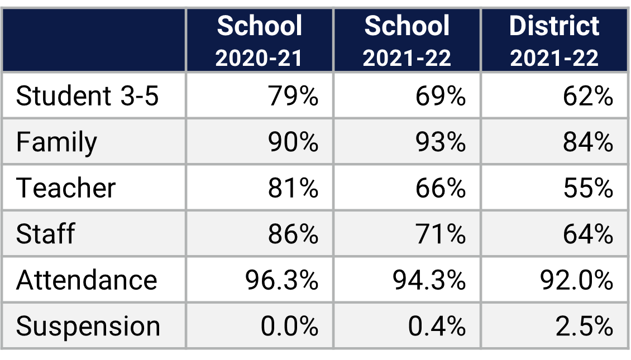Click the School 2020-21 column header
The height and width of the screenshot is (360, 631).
coord(259,41)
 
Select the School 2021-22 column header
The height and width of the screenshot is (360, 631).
coord(407,41)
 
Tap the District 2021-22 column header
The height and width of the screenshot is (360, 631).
coord(554,41)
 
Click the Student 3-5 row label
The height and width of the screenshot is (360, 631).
coord(87,96)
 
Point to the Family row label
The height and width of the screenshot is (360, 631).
coord(56,142)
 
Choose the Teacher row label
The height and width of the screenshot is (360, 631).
coord(66,188)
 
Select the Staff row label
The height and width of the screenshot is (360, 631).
coord(45,233)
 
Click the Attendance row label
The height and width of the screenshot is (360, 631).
coord(87,280)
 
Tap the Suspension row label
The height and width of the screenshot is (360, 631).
coord(88,326)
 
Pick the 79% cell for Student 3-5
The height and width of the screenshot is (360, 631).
coord(293,96)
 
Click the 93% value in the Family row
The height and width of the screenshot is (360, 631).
coord(440,142)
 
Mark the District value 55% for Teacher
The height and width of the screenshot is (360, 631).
coord(587,188)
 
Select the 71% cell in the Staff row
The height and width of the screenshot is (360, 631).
coord(440,233)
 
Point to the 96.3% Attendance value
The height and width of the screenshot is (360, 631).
coord(281,280)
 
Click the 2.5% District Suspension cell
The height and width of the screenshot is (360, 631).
coord(584,326)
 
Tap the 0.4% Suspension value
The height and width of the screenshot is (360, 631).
coord(437,326)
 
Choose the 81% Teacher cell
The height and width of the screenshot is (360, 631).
coord(293,188)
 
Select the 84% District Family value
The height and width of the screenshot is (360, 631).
coord(587,142)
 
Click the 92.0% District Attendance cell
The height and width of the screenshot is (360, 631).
coord(576,280)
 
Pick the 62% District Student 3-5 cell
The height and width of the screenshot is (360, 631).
coord(587,96)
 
